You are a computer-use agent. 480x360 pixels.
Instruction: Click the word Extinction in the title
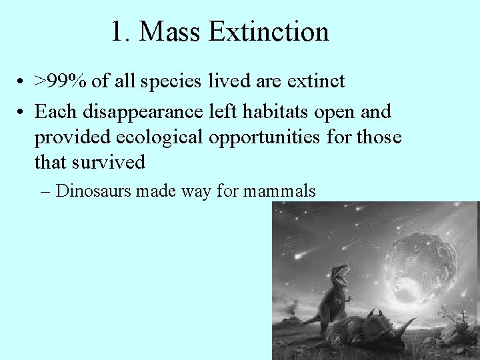269,32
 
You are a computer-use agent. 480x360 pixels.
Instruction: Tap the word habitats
273,111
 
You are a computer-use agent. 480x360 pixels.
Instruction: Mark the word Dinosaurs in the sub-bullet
94,191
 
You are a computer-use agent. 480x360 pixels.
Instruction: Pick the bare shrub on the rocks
461,313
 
